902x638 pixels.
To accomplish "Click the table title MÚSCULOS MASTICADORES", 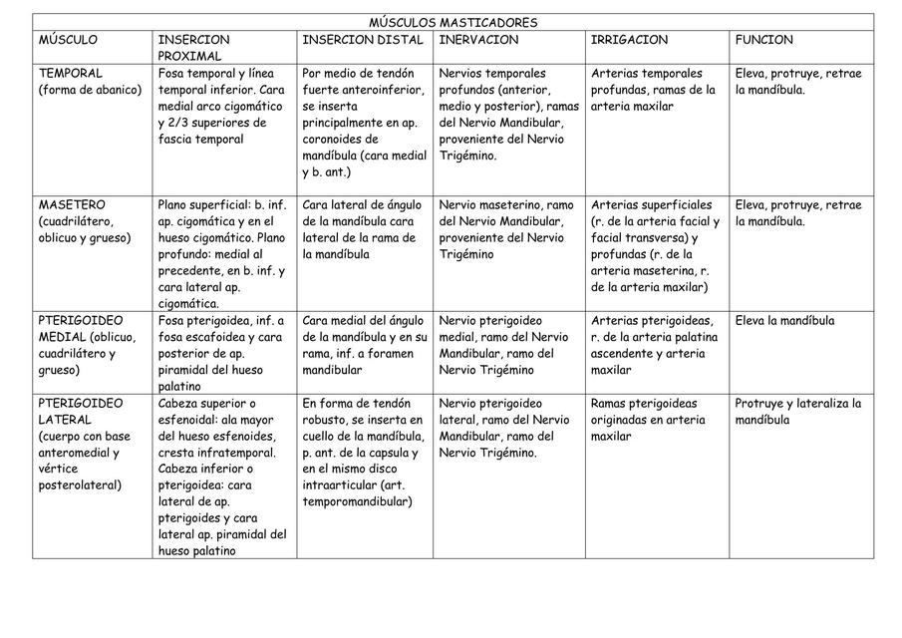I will click(452, 23).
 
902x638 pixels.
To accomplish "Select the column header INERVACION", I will click(479, 40).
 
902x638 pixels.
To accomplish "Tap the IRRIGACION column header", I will click(629, 40).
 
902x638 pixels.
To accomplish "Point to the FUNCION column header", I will click(764, 40).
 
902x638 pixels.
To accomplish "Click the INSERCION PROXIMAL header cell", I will click(193, 48).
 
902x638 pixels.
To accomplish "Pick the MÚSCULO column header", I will click(68, 40).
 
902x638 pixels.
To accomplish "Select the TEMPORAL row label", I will click(70, 73).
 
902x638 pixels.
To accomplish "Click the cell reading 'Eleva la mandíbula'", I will click(785, 321).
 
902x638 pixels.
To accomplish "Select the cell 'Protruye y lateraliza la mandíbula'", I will click(797, 412).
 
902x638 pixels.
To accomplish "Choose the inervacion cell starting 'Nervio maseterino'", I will click(506, 229).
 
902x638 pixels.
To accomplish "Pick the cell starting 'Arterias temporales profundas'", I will click(654, 90).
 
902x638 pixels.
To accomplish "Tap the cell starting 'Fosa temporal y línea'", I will click(222, 106).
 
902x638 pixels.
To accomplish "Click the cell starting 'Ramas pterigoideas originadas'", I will click(648, 420).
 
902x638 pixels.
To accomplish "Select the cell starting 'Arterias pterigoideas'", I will click(654, 345).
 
